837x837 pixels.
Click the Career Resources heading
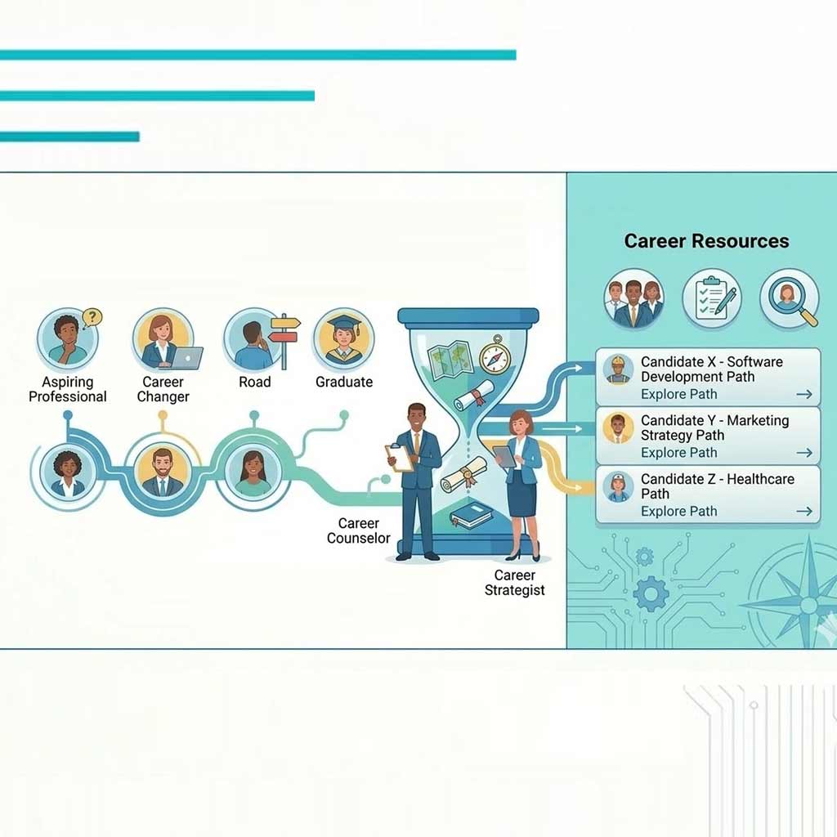(706, 241)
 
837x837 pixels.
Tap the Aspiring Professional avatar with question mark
(68, 338)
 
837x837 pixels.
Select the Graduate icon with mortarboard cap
(344, 338)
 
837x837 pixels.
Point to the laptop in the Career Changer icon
(186, 358)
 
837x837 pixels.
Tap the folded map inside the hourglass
(450, 360)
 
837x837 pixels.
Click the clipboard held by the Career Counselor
(399, 458)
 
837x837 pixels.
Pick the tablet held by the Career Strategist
(504, 456)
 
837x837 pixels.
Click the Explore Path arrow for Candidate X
(804, 394)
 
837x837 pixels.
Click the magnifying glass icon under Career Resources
(790, 299)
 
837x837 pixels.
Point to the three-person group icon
(633, 299)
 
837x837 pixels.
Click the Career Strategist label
(515, 583)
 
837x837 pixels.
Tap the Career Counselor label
(359, 530)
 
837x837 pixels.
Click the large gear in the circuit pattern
(651, 594)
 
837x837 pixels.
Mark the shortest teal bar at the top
(69, 137)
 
